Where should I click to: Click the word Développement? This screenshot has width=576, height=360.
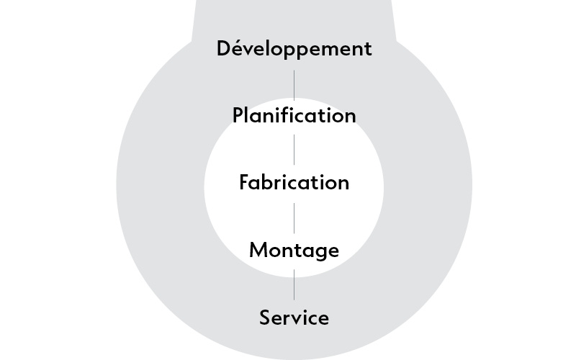294,49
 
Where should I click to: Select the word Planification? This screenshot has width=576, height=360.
294,115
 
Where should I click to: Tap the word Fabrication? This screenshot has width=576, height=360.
294,182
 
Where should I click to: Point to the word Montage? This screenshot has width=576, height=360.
294,250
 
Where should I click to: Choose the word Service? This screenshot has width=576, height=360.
294,317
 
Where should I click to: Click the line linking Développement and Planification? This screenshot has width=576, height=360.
294,84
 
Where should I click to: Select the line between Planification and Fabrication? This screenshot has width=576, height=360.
294,149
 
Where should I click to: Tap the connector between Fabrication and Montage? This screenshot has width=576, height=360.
294,217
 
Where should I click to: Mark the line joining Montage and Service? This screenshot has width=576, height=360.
294,284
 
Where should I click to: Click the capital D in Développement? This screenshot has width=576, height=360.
224,49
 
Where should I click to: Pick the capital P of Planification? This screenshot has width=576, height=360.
238,115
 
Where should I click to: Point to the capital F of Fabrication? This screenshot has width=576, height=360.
244,182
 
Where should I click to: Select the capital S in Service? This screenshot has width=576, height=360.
265,317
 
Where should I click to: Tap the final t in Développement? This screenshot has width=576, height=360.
368,50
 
